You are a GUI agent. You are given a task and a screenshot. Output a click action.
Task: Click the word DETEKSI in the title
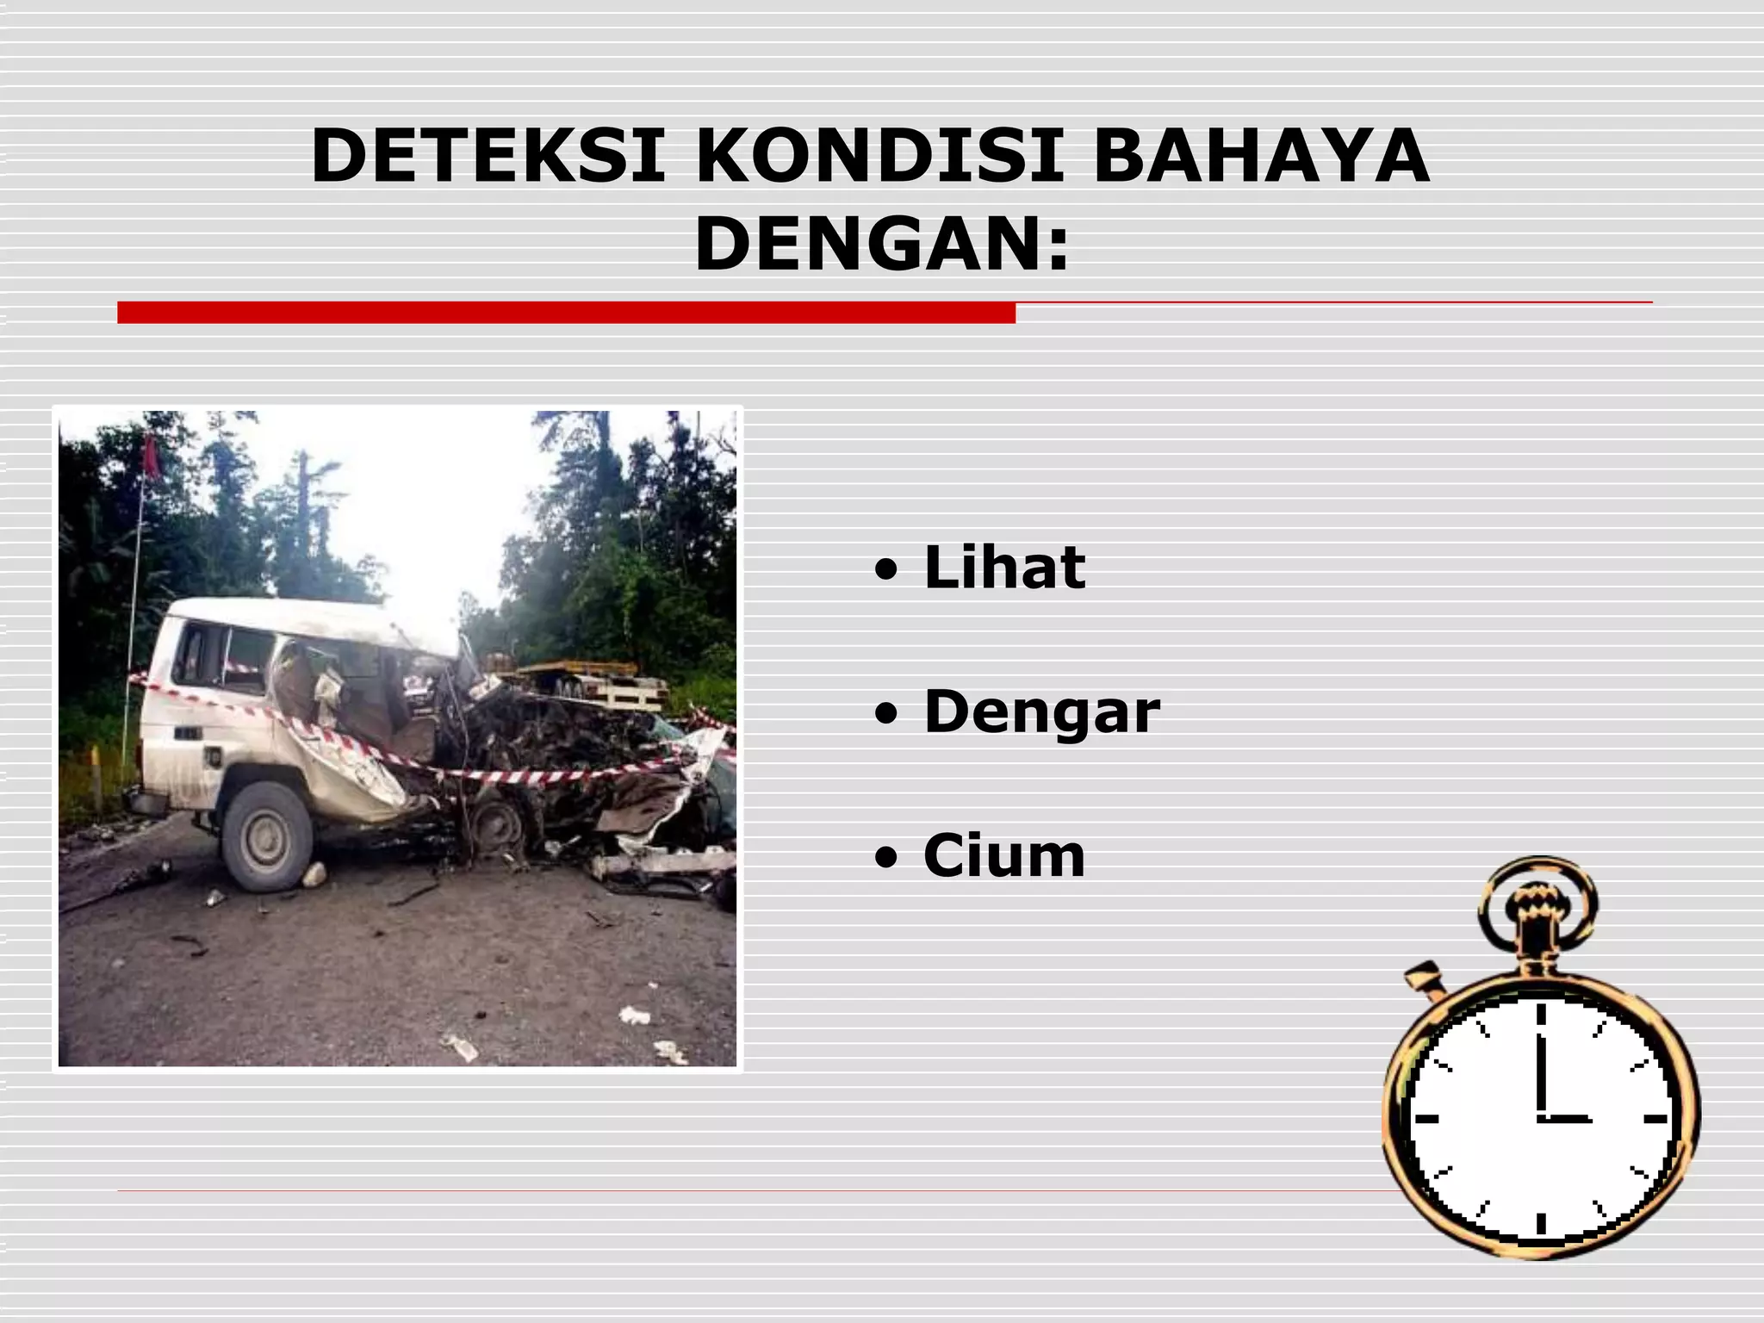488,157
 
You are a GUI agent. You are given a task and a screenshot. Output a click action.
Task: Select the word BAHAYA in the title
1261,157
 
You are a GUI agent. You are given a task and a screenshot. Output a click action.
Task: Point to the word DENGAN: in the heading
882,245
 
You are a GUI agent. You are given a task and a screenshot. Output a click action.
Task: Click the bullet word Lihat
1004,568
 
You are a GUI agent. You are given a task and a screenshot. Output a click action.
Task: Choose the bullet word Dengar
1041,712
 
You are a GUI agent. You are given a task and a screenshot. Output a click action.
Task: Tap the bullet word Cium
1004,856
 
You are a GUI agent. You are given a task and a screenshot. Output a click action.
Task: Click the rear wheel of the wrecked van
265,835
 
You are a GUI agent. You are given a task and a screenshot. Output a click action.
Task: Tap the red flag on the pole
152,457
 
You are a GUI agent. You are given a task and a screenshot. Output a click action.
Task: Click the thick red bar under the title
566,313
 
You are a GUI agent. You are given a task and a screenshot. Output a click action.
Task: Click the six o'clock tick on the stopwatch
1540,1222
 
